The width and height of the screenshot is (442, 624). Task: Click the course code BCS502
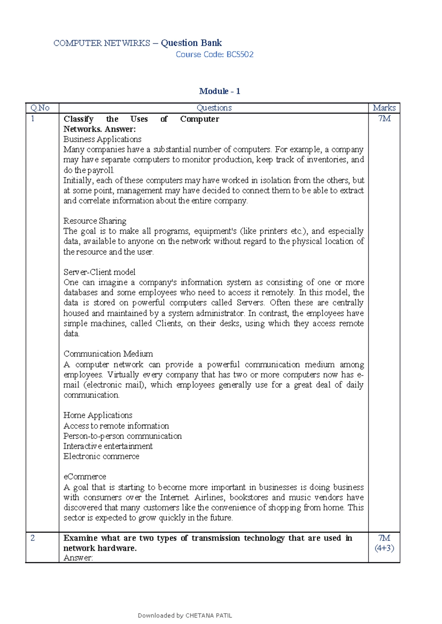(x=240, y=54)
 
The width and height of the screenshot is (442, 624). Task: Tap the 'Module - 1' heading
(x=220, y=91)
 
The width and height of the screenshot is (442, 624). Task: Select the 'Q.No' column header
(x=40, y=108)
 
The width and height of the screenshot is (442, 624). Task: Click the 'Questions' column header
(x=214, y=108)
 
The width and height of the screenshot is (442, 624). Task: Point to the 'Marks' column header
(x=384, y=108)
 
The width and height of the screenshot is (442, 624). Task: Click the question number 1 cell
(x=33, y=118)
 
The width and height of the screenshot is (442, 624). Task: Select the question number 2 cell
(x=33, y=538)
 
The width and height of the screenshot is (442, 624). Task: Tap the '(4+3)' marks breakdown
(x=384, y=548)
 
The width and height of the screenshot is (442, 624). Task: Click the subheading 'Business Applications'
(x=102, y=139)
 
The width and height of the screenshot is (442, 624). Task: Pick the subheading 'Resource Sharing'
(x=95, y=221)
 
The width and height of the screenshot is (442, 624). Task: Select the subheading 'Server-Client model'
(x=99, y=272)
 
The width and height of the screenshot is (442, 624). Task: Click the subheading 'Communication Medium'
(x=108, y=354)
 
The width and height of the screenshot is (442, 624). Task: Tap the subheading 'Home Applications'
(x=98, y=415)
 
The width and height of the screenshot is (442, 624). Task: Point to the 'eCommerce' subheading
(x=85, y=476)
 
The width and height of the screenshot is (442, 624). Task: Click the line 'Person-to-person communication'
(x=122, y=436)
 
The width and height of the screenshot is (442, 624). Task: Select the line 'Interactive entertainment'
(x=108, y=446)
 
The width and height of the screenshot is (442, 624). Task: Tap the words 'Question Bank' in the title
(x=191, y=43)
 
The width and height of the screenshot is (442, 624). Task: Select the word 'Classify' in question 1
(x=78, y=119)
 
